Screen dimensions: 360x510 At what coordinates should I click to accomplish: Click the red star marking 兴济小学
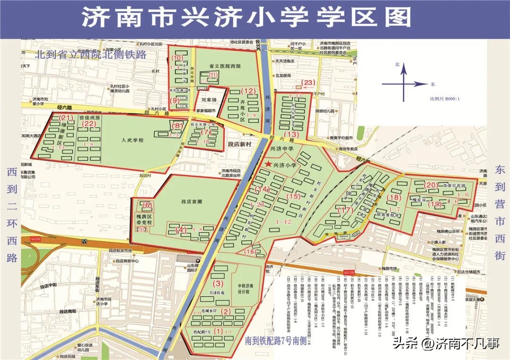(269, 165)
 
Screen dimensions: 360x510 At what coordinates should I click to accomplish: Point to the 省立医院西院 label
(225, 67)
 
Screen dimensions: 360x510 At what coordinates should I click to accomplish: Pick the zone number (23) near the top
(308, 83)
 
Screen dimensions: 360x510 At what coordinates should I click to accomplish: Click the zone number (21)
(66, 118)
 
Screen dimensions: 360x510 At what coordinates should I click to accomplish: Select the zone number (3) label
(218, 284)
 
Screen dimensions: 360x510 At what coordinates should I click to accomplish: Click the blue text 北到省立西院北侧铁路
(90, 55)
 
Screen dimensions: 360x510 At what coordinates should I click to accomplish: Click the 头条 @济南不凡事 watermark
(447, 343)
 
